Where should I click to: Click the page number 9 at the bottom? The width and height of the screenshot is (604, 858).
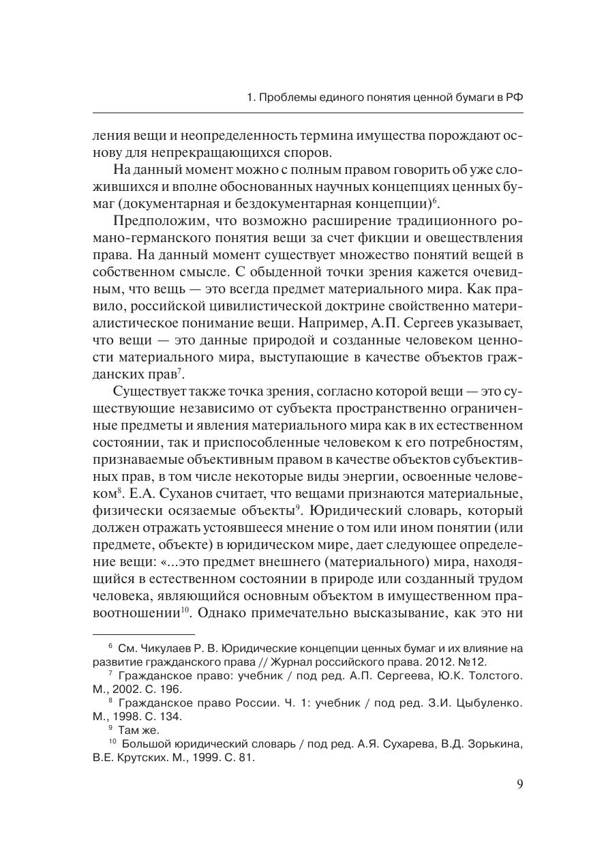coord(520,784)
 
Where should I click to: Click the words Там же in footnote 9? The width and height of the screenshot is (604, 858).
coord(138,730)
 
